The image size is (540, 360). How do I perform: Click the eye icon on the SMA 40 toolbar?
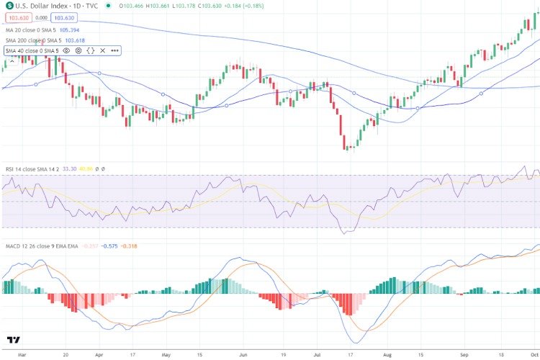tap(66, 50)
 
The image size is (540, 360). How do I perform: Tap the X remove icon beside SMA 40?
tap(102, 50)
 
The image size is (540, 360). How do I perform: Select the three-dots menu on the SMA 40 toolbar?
tap(114, 50)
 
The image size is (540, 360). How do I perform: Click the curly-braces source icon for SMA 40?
tap(90, 50)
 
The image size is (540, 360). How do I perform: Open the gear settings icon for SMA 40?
tap(78, 50)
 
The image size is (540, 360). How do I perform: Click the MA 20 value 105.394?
tap(70, 31)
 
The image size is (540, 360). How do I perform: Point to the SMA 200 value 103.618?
tap(73, 40)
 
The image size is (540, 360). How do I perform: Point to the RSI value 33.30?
tap(71, 168)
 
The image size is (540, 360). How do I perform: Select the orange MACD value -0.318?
tap(129, 246)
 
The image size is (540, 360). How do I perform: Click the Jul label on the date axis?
tap(317, 355)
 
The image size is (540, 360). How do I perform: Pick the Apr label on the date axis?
tap(99, 355)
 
